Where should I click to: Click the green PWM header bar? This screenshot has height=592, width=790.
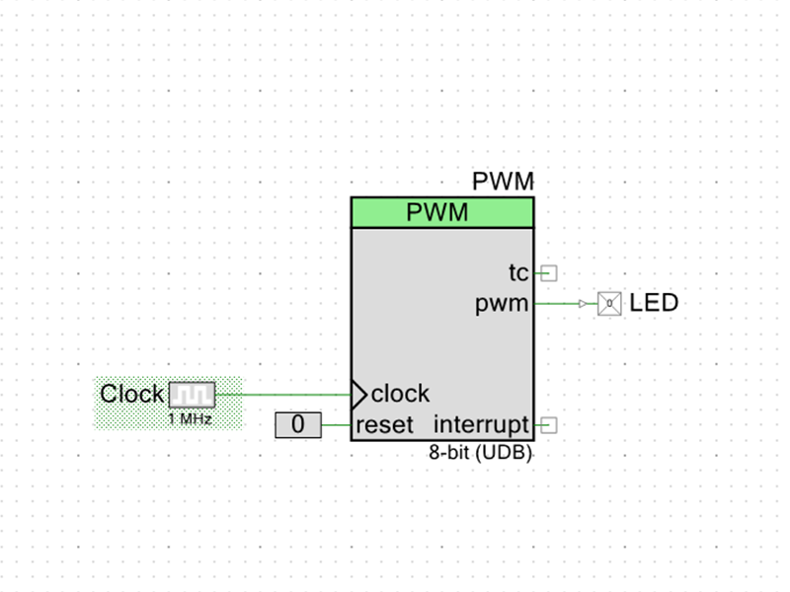[x=442, y=212]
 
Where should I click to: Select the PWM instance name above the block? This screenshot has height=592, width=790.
[x=503, y=182]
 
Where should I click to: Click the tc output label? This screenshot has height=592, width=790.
[x=518, y=273]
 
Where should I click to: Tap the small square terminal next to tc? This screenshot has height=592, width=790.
[x=549, y=273]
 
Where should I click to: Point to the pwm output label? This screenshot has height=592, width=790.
[x=502, y=304]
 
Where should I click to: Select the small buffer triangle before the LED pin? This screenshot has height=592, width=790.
[x=583, y=304]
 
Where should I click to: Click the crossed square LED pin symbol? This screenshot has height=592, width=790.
[x=609, y=304]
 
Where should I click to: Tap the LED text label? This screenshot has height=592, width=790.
[x=654, y=303]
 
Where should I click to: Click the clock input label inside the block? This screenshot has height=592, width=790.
[x=401, y=394]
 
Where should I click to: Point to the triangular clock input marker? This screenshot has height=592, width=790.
[x=358, y=395]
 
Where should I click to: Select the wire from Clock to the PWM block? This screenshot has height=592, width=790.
[x=283, y=395]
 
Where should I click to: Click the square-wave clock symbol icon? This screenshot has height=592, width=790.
[x=192, y=395]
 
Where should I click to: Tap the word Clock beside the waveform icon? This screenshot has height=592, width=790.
[x=132, y=394]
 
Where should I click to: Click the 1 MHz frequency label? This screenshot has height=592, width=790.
[x=190, y=418]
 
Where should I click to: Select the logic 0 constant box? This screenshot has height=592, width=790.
[x=298, y=425]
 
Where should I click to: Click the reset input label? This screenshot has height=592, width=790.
[x=384, y=425]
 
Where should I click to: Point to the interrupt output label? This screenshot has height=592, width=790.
[x=481, y=425]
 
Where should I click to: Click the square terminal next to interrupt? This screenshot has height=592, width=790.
[x=549, y=425]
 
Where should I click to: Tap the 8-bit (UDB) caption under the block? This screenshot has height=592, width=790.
[x=481, y=453]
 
